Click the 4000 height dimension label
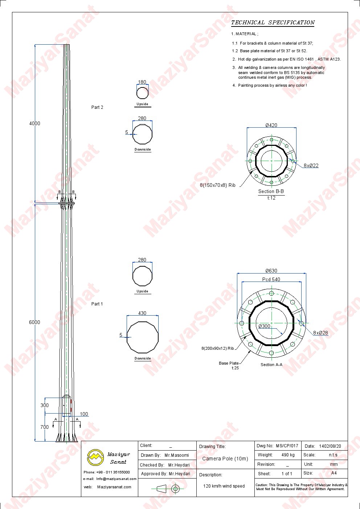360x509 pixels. point(34,123)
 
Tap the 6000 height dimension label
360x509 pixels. point(34,322)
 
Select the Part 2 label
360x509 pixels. point(97,107)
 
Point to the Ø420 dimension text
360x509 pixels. point(271,125)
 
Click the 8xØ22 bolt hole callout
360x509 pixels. point(311,165)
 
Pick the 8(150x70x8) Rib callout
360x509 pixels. point(217,185)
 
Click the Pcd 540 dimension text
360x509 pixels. point(271,279)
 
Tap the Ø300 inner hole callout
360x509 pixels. point(264,326)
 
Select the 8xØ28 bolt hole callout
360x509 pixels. point(320,333)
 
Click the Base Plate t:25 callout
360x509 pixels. point(229,365)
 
